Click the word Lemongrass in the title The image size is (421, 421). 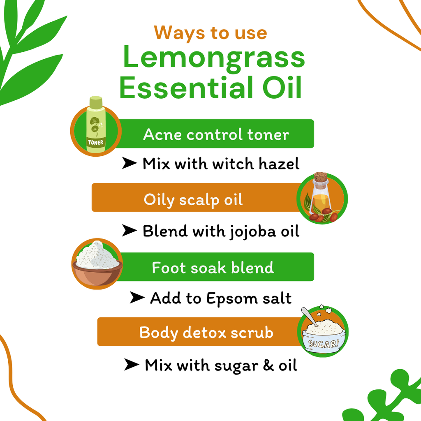[214, 58]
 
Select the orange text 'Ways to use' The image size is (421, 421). [210, 33]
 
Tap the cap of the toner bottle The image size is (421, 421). [96, 101]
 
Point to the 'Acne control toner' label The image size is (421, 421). [216, 134]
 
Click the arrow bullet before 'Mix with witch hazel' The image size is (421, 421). [129, 164]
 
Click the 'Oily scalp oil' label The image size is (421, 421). [193, 200]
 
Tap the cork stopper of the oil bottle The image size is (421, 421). [320, 177]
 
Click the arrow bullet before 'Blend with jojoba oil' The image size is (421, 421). [129, 231]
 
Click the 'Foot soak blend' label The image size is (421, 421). [213, 268]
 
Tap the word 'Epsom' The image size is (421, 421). [229, 299]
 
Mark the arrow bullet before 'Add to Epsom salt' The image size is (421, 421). [137, 298]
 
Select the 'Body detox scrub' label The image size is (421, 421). [206, 332]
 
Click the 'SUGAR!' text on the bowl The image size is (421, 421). [324, 344]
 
